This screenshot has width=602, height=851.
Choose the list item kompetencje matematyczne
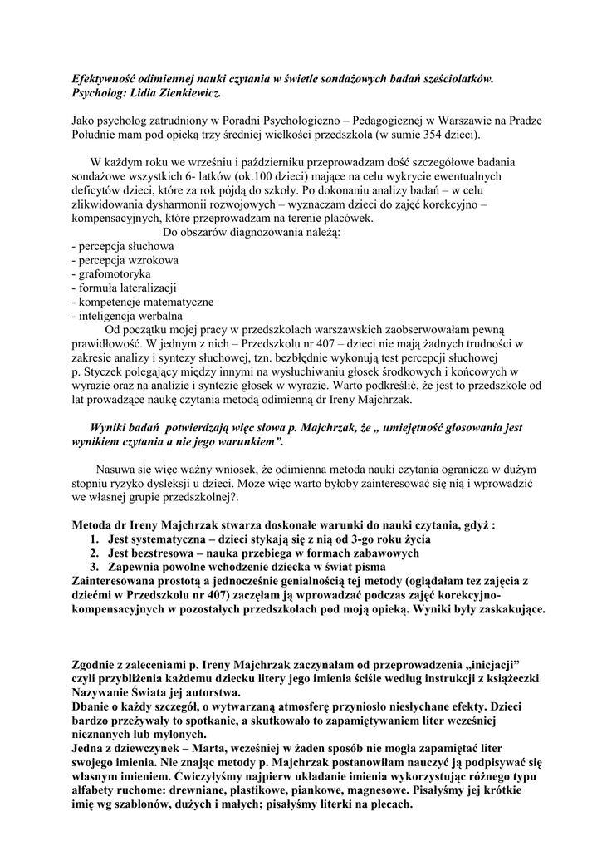click(x=146, y=302)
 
